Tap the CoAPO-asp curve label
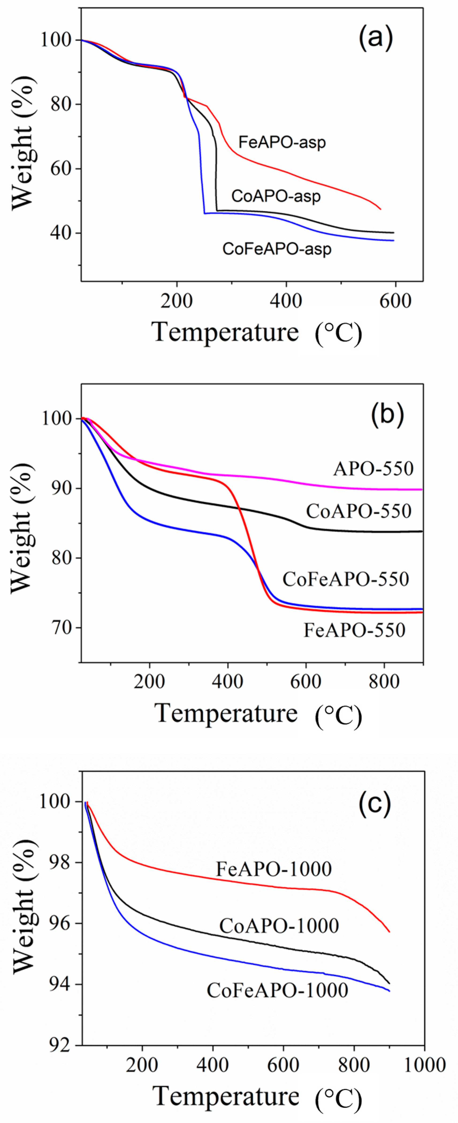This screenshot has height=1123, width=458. [276, 196]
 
